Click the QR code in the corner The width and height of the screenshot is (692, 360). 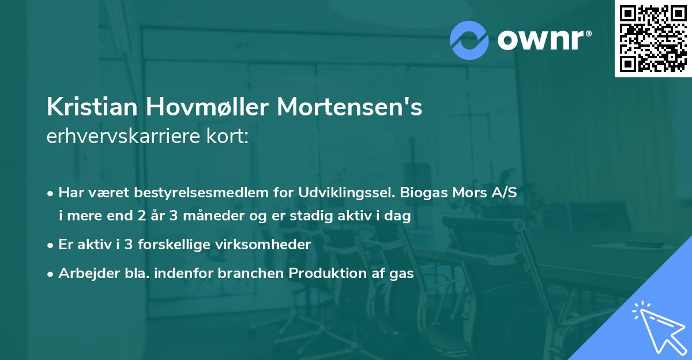[x=653, y=39]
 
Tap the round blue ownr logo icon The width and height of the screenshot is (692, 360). [x=469, y=40]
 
